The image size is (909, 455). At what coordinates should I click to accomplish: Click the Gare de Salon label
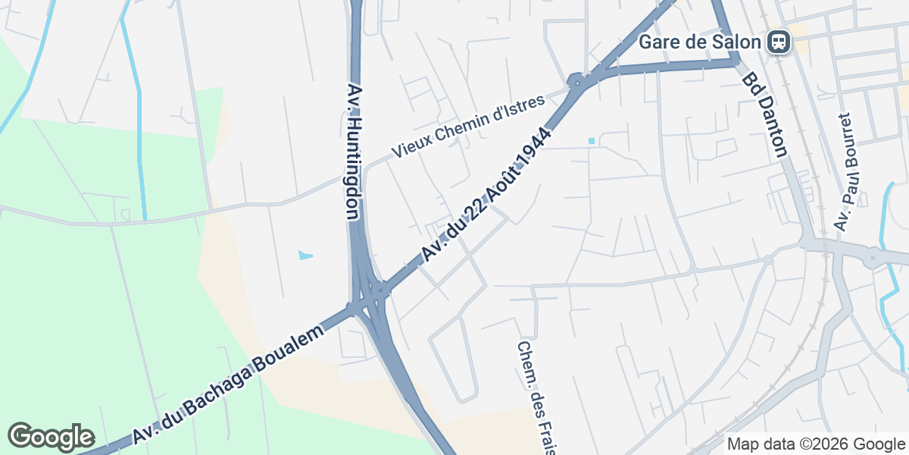[699, 42]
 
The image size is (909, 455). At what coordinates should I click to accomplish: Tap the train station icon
[778, 42]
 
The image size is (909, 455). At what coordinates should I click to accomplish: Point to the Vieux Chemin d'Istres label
[468, 127]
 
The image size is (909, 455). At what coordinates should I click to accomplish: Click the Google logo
[51, 437]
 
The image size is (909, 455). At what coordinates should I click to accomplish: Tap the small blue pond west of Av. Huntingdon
[305, 255]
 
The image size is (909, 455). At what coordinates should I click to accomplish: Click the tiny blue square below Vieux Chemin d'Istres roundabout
[591, 141]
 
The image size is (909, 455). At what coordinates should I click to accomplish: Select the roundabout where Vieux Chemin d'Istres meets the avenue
[577, 80]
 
